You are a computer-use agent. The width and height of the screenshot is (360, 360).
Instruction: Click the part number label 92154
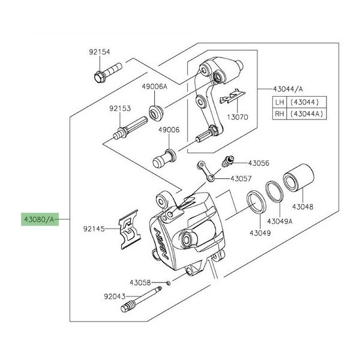coord(100,52)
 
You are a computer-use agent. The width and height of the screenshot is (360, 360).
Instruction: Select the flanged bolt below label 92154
coord(107,73)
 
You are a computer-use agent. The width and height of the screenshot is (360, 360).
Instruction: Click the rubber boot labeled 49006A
coord(156,113)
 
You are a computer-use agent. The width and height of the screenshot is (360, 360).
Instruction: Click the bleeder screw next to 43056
coord(227,161)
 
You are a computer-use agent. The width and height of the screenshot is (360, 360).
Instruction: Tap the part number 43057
coord(241,178)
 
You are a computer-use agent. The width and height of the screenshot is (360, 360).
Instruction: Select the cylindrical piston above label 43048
coord(299,178)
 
